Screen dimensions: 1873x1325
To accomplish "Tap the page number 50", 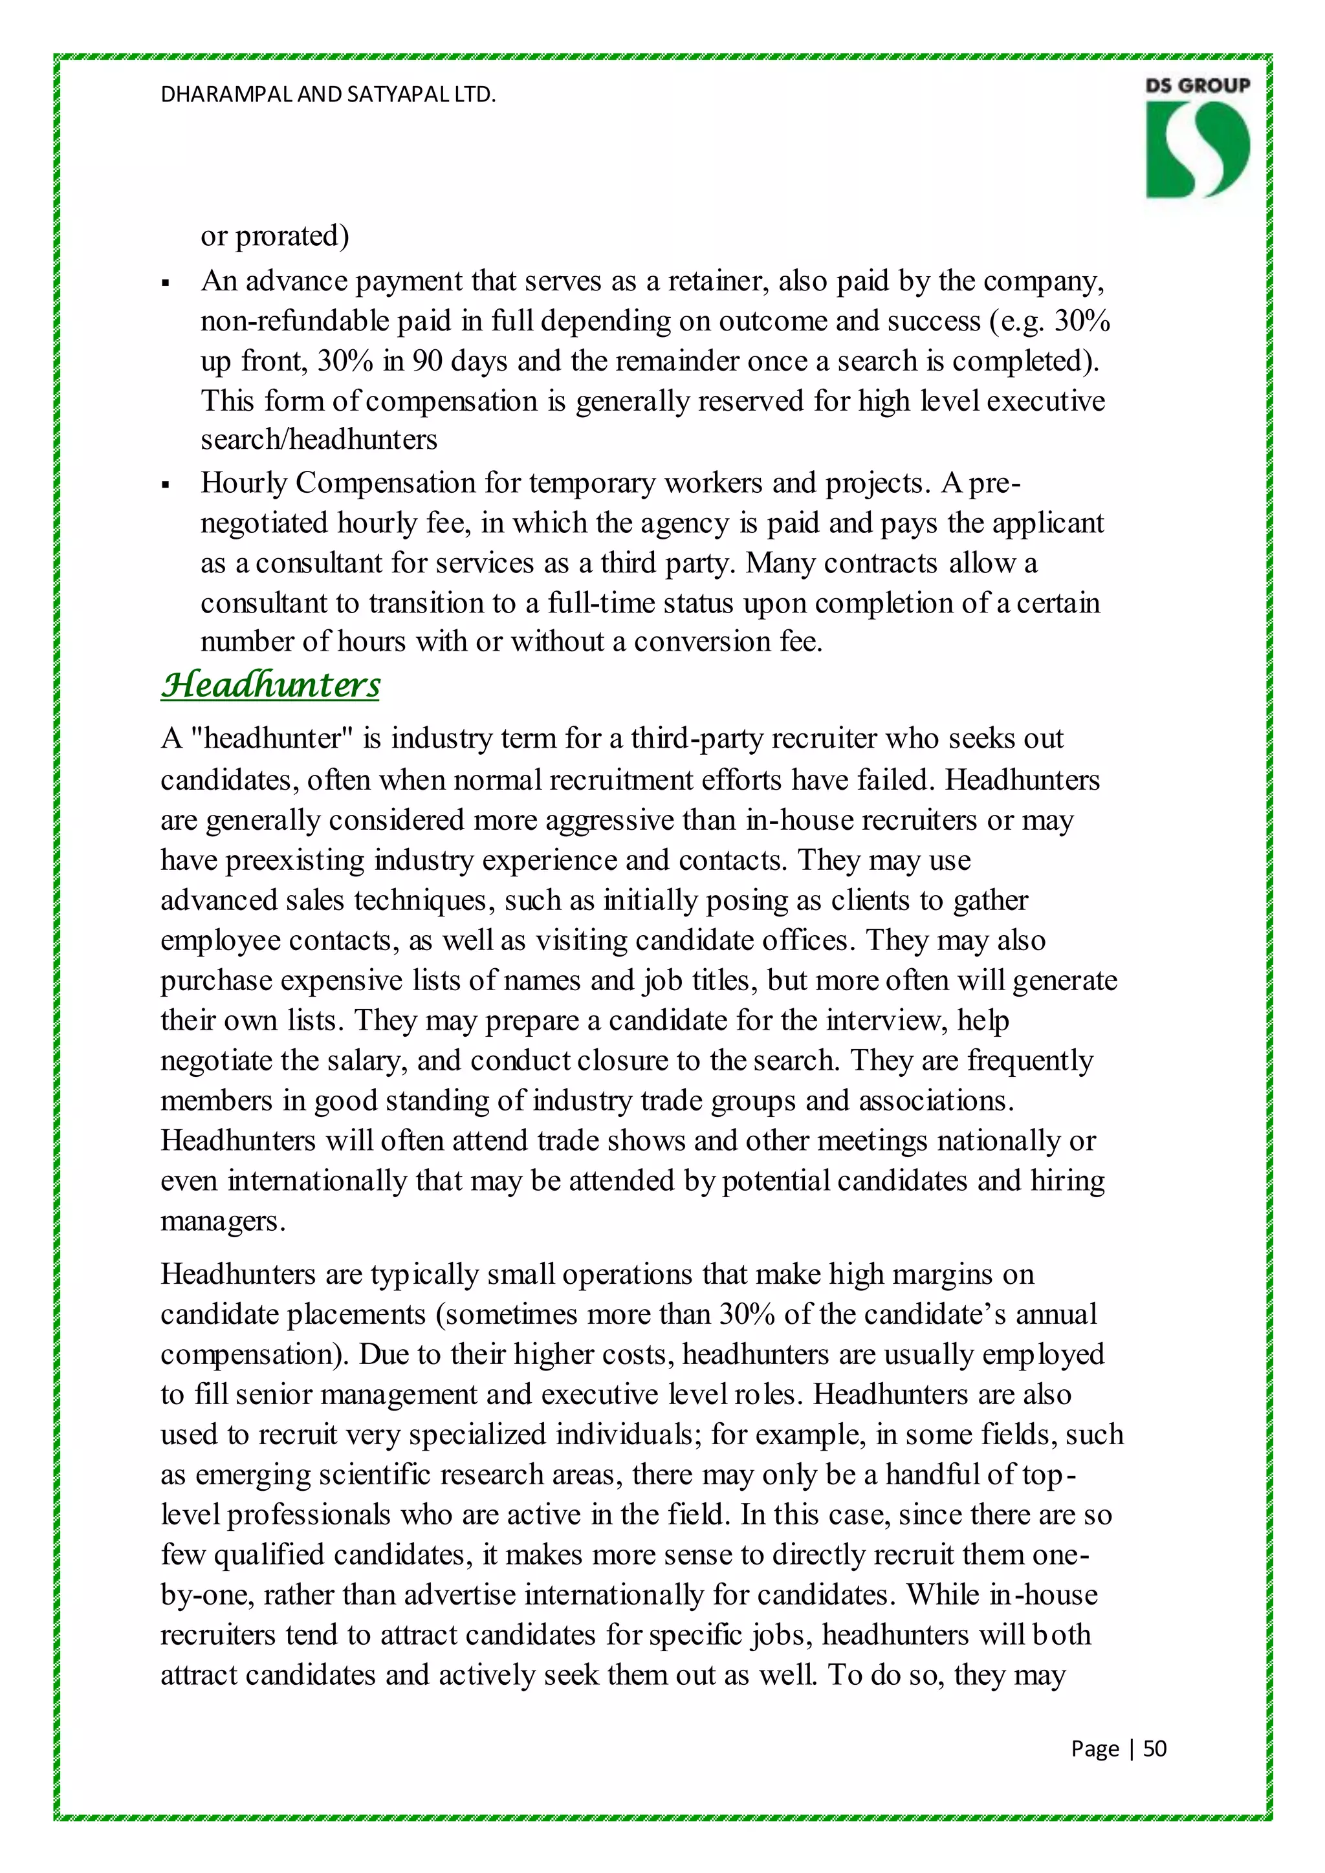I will click(x=1154, y=1748).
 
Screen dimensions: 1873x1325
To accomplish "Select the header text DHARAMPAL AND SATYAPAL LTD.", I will click(x=328, y=94).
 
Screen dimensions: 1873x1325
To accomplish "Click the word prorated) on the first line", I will click(x=292, y=236).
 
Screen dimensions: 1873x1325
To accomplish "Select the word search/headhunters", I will click(x=319, y=440).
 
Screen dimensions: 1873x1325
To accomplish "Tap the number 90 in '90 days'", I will click(x=428, y=361).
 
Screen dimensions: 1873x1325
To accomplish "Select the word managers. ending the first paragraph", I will click(x=223, y=1220).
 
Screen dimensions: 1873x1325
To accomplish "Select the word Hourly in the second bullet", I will click(x=244, y=483).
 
